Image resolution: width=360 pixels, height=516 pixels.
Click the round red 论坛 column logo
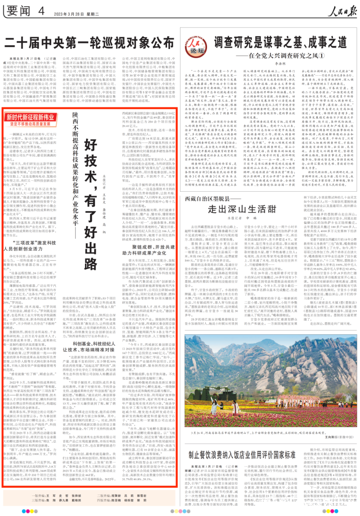tap(196, 44)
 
